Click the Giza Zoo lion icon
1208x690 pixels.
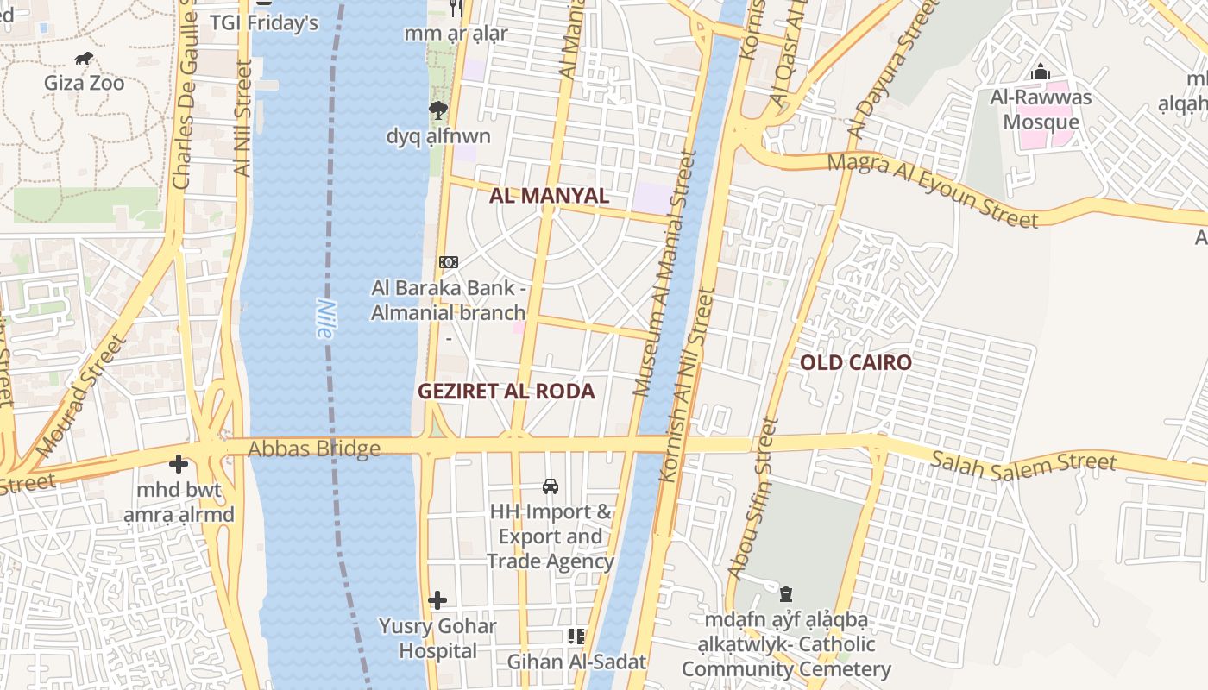[85, 59]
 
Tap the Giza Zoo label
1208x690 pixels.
[85, 84]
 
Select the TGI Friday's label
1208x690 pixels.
[264, 23]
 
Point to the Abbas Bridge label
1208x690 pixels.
[314, 448]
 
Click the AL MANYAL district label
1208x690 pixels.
[550, 196]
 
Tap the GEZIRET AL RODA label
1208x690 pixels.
[506, 392]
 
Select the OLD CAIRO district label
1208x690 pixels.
[856, 362]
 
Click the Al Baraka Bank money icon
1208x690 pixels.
[448, 262]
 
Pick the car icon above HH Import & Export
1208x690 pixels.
[551, 486]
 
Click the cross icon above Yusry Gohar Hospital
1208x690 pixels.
[437, 600]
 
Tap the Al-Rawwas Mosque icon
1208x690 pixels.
[1041, 72]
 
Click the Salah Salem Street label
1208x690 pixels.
[1023, 462]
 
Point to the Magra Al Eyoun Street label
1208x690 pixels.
[932, 191]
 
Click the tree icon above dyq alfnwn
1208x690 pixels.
[438, 110]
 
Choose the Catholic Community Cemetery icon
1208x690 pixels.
[786, 594]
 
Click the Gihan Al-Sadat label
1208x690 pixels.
[576, 662]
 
